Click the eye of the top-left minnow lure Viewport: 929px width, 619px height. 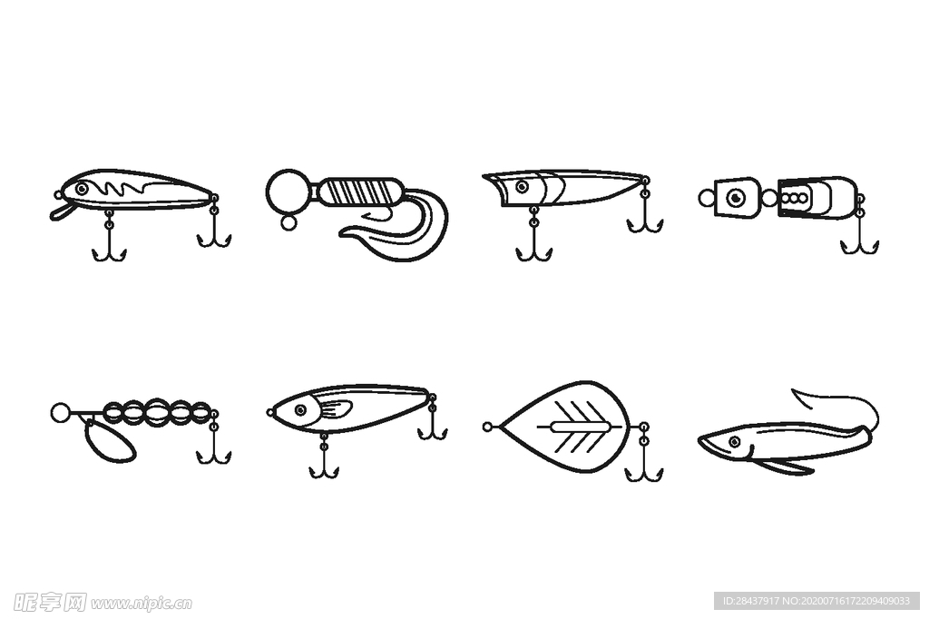(x=82, y=189)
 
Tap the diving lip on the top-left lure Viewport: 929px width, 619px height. (x=60, y=211)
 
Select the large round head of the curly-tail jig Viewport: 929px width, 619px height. (x=288, y=191)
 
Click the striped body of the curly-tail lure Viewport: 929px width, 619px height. (x=361, y=192)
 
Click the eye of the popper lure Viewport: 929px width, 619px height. (x=522, y=187)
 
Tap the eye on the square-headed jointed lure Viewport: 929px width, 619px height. (x=736, y=196)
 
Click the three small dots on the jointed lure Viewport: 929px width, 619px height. (x=794, y=198)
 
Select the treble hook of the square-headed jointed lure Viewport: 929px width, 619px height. (x=860, y=234)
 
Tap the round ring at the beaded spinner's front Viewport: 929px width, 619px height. (x=60, y=412)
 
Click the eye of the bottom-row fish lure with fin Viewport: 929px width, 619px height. (x=301, y=409)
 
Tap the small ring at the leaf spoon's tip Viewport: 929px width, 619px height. (x=487, y=427)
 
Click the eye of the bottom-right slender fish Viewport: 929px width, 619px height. (x=735, y=442)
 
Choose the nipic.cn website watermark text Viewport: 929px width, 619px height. (x=142, y=604)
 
